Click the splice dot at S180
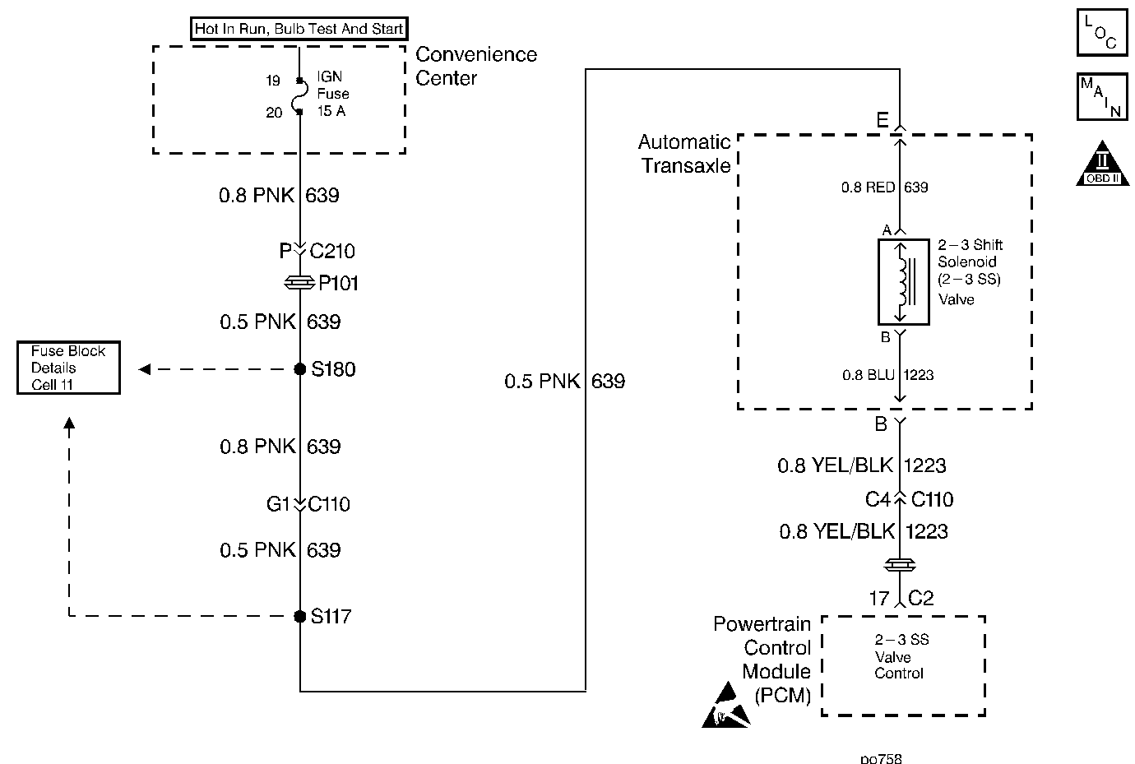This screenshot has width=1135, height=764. pyautogui.click(x=300, y=369)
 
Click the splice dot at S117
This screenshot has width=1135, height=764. pyautogui.click(x=300, y=616)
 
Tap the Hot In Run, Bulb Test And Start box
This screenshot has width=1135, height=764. pyautogui.click(x=299, y=30)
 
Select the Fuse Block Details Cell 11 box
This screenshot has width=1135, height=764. pyautogui.click(x=68, y=368)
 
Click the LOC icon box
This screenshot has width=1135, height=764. pyautogui.click(x=1101, y=33)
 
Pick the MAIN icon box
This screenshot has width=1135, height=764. pyautogui.click(x=1101, y=97)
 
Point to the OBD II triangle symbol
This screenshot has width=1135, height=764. pyautogui.click(x=1102, y=164)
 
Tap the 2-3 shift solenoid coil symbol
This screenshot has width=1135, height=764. pyautogui.click(x=904, y=282)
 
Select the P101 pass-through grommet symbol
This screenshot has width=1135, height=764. pyautogui.click(x=299, y=283)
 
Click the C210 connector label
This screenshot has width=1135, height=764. pyautogui.click(x=332, y=251)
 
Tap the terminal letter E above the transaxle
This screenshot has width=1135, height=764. pyautogui.click(x=882, y=122)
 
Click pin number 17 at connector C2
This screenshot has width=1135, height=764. pyautogui.click(x=878, y=598)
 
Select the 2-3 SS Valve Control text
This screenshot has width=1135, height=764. pyautogui.click(x=900, y=656)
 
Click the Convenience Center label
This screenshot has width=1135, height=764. pyautogui.click(x=476, y=66)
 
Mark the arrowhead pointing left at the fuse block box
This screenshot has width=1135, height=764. pyautogui.click(x=144, y=369)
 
